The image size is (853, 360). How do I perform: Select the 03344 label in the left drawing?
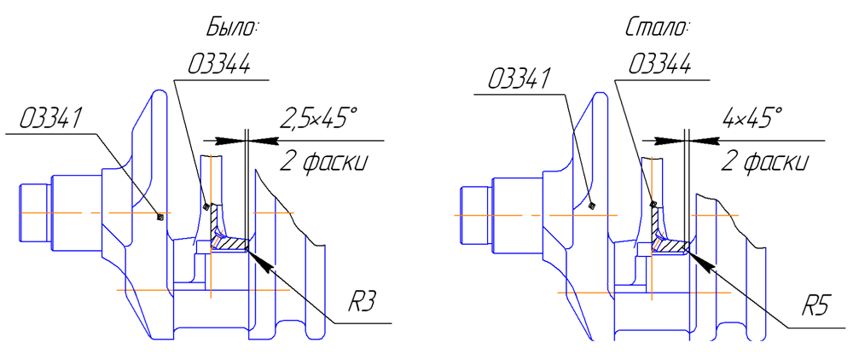[x=220, y=67]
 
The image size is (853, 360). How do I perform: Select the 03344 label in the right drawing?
[x=659, y=67]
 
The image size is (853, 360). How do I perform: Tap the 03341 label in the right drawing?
[x=517, y=79]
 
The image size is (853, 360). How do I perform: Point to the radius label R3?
[x=363, y=302]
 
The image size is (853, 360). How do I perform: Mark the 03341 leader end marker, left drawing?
[x=160, y=218]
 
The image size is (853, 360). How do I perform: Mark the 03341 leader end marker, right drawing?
[x=591, y=205]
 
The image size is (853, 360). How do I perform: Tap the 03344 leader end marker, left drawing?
[x=206, y=206]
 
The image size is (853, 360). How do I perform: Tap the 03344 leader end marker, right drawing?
[x=653, y=205]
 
